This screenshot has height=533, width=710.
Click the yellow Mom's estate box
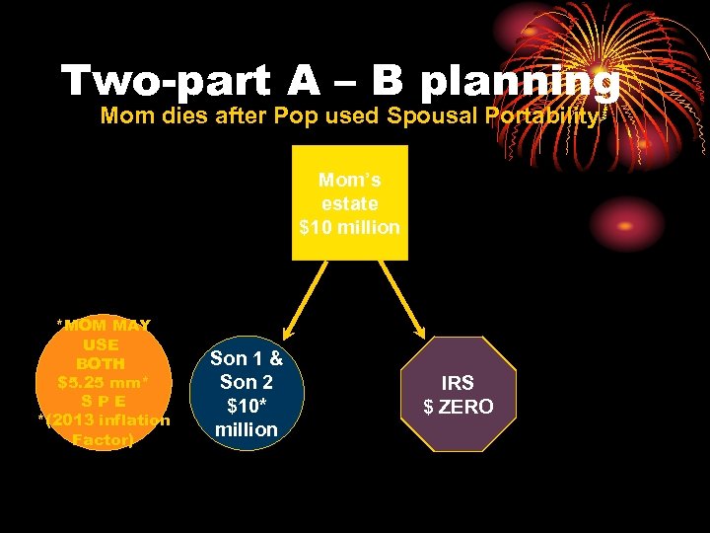(349, 202)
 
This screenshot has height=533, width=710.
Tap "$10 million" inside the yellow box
(349, 227)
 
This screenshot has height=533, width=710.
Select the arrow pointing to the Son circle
(302, 295)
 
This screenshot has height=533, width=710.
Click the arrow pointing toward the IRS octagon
(401, 295)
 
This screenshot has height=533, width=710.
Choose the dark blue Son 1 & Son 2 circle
(247, 394)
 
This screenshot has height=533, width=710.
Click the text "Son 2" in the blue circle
(247, 382)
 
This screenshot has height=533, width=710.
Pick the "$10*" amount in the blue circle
(247, 406)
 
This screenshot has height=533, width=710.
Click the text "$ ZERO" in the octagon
(458, 407)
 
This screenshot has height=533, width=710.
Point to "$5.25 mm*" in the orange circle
(103, 382)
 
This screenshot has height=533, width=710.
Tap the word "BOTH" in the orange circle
(102, 363)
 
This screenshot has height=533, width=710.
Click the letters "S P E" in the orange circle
(102, 401)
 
